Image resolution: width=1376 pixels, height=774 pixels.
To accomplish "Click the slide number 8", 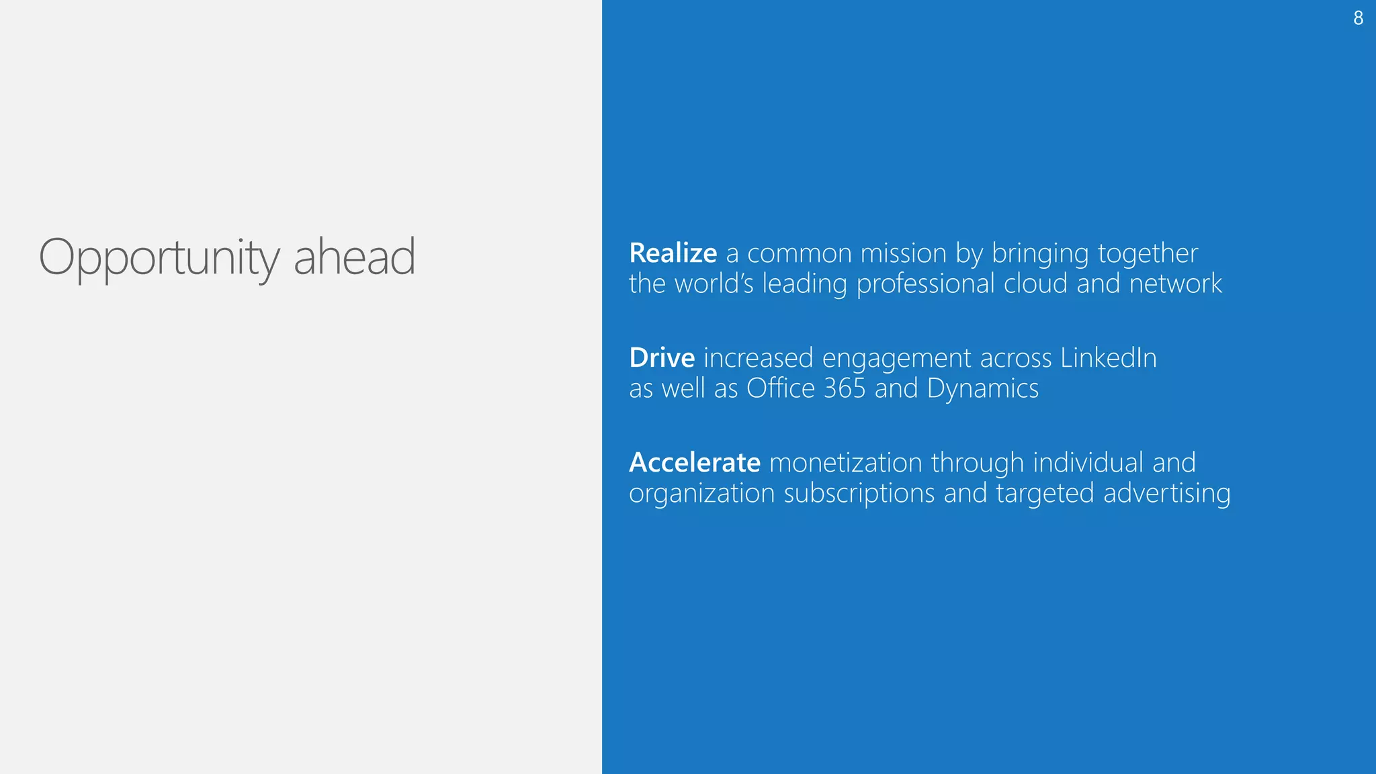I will click(x=1358, y=18).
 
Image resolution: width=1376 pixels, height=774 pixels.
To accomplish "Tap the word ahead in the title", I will click(x=355, y=257).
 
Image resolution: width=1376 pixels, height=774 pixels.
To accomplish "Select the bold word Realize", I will click(x=673, y=253).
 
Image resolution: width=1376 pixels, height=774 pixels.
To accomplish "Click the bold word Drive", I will click(x=662, y=357).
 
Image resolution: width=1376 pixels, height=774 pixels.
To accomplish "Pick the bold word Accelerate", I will click(x=695, y=462).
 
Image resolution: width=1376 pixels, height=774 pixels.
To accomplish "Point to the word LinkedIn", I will click(x=1109, y=357).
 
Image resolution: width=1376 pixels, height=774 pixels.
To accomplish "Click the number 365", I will click(x=845, y=388).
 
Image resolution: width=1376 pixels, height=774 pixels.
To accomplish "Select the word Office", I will click(x=781, y=388).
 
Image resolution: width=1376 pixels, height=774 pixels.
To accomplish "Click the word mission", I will click(x=904, y=253).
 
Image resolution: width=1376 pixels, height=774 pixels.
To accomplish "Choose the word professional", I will click(x=925, y=284).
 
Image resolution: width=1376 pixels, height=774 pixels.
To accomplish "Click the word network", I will click(x=1176, y=284).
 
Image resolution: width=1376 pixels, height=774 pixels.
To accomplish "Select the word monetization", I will click(x=846, y=462).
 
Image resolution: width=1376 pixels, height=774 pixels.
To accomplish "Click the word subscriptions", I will click(x=859, y=494).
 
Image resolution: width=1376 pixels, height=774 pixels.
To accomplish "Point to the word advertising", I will click(x=1167, y=494).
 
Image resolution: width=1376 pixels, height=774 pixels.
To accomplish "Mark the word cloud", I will click(x=1035, y=284).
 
